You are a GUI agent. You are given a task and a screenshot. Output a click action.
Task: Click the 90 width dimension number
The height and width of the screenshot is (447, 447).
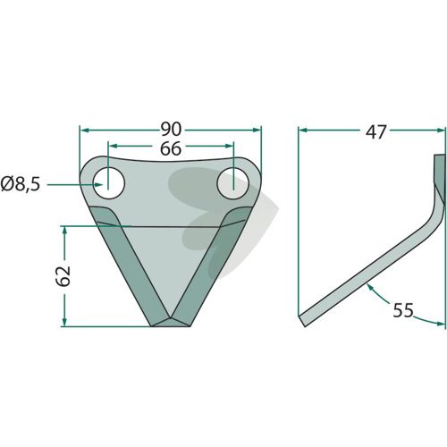click(171, 130)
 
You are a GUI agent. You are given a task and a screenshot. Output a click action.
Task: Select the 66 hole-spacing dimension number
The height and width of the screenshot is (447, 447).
click(171, 148)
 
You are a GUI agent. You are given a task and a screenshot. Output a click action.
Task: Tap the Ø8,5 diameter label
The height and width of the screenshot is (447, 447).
click(21, 185)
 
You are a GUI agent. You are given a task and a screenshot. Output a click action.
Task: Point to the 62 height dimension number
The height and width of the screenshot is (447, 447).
click(63, 276)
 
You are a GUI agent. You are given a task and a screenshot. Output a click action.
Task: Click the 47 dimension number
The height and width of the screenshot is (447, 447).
click(375, 131)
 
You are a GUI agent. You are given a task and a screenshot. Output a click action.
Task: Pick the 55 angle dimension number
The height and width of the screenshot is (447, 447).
click(403, 310)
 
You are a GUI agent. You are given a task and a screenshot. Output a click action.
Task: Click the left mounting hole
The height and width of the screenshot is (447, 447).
click(109, 183)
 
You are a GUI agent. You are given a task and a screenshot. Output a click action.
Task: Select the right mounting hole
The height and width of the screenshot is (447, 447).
click(233, 184)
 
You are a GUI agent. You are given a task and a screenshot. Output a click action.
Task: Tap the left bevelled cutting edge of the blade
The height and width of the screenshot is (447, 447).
click(130, 266)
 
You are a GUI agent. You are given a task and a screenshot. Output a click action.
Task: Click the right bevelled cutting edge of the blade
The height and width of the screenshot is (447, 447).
click(212, 266)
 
